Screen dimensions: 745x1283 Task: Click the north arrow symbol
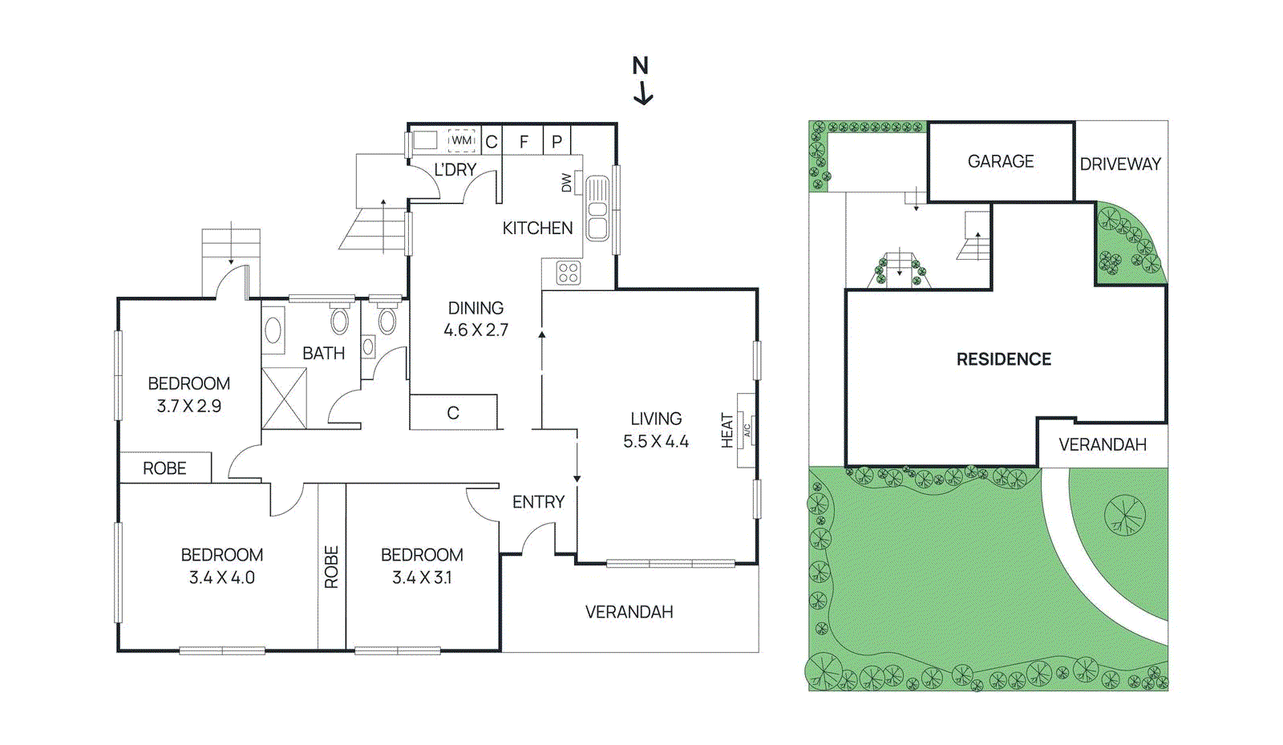point(641,81)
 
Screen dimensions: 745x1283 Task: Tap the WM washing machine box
point(461,140)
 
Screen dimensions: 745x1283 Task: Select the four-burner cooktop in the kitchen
point(568,273)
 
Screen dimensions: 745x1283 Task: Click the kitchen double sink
point(597,209)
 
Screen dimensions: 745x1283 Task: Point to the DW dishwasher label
point(567,183)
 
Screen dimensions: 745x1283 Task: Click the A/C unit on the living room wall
point(747,431)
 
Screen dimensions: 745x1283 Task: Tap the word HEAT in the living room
point(727,431)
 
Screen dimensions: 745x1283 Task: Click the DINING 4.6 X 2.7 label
point(476,319)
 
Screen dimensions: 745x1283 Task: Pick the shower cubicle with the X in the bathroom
point(285,398)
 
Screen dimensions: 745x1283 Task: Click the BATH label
point(323,354)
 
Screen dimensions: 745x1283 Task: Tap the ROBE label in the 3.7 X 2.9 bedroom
point(164,468)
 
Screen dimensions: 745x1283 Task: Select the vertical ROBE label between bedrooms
point(332,567)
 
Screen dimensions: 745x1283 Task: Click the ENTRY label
point(538,502)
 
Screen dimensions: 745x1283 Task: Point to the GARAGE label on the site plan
point(1001,162)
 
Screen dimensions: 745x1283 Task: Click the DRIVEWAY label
point(1120,164)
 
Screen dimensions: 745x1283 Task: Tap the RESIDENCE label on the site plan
point(1004,359)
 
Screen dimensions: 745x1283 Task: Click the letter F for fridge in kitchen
point(524,142)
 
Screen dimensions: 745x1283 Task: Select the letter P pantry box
point(557,142)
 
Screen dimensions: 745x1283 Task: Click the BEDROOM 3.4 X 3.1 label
point(422,566)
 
